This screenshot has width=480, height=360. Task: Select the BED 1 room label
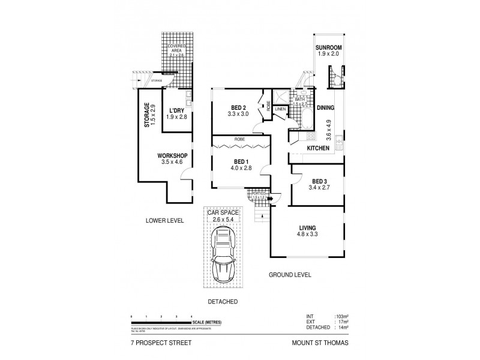tap(241, 162)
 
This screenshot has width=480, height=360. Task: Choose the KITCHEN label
tap(318, 148)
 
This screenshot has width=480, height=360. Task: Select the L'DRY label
tap(176, 110)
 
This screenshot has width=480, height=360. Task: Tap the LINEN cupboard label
tap(280, 109)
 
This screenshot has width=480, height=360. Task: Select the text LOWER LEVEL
tap(164, 221)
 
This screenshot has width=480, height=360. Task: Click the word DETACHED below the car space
tap(223, 301)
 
